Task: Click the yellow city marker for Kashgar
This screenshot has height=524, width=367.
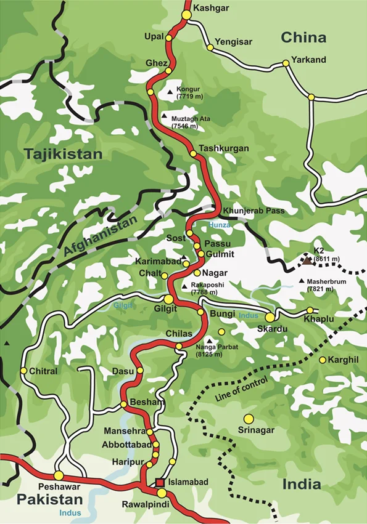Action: click(186, 14)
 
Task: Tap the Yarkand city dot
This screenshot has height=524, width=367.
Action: click(286, 63)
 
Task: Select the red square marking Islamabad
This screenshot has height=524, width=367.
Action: click(160, 482)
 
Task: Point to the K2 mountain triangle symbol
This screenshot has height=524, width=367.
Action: click(307, 260)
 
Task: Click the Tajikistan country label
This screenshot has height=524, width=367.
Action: click(63, 154)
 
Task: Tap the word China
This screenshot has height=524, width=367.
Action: click(303, 38)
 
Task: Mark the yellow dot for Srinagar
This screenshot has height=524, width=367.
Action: click(249, 419)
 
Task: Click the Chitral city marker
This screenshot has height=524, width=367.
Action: click(23, 371)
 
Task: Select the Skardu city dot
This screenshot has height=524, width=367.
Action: click(270, 317)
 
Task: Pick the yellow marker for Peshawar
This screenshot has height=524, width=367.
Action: click(59, 475)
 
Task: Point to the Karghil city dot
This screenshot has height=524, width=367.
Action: click(322, 360)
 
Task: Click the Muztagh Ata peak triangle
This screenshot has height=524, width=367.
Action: click(164, 116)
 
